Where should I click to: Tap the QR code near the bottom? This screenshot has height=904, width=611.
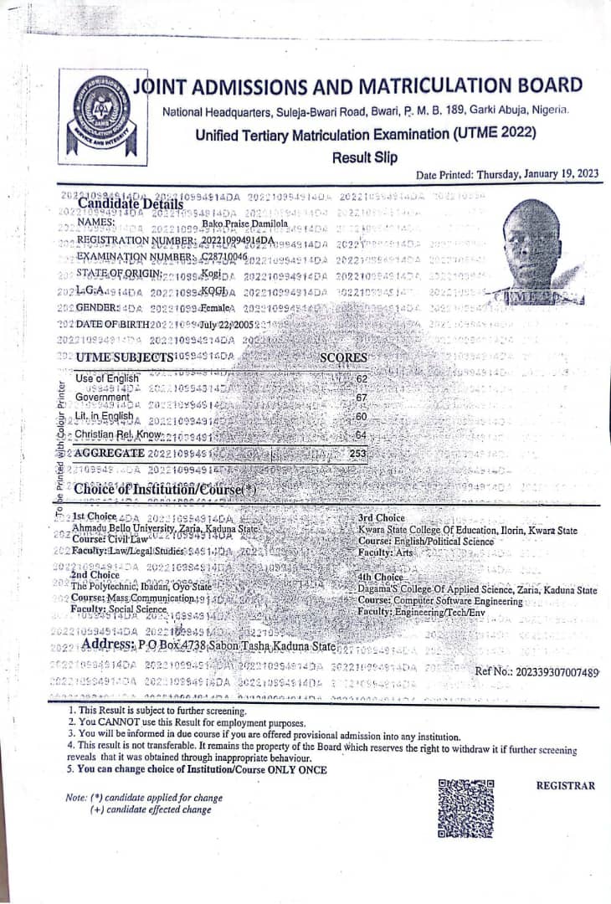(x=466, y=808)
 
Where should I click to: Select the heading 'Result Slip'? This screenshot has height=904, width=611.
(x=364, y=157)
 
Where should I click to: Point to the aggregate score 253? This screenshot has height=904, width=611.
(x=358, y=453)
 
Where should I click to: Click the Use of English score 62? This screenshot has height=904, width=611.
(x=362, y=378)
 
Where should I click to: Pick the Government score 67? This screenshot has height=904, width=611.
(x=362, y=398)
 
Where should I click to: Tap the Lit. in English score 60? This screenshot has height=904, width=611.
(x=362, y=416)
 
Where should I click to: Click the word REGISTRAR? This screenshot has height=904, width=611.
(x=565, y=785)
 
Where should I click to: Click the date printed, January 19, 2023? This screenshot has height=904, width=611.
(x=537, y=174)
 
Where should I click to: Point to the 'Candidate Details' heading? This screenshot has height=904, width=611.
(x=130, y=203)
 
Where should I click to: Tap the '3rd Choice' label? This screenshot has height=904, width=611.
(x=381, y=518)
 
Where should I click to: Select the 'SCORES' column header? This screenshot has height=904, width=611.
(x=344, y=357)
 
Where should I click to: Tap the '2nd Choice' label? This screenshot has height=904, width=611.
(x=95, y=575)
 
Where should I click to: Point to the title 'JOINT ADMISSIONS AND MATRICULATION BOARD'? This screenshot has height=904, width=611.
(x=358, y=85)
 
